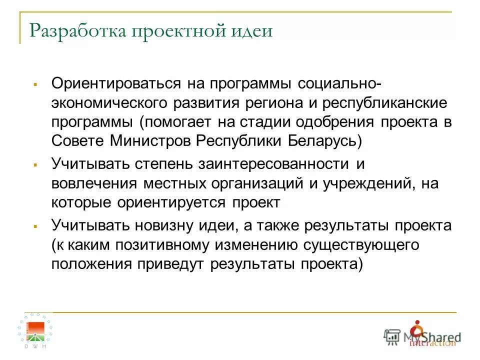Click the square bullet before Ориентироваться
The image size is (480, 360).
point(35,83)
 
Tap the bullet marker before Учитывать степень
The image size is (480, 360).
point(35,164)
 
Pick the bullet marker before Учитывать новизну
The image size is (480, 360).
point(35,226)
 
